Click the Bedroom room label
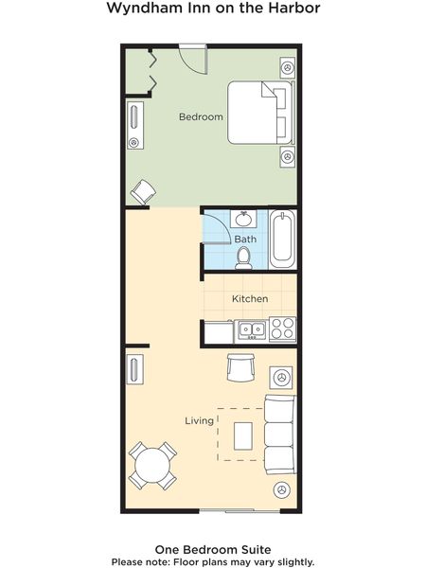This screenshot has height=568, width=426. click(x=201, y=117)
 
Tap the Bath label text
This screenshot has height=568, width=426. click(x=245, y=240)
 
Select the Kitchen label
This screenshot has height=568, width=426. click(x=250, y=299)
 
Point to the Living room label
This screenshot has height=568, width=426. click(x=199, y=421)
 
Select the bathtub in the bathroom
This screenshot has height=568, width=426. click(x=282, y=239)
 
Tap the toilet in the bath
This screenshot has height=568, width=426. click(x=243, y=257)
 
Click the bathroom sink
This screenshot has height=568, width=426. click(x=244, y=219)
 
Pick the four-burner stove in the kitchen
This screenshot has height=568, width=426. click(x=282, y=328)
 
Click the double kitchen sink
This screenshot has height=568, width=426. click(x=252, y=329)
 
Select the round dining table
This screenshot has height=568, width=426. click(x=152, y=466)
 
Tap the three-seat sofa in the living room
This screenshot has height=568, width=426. click(x=280, y=435)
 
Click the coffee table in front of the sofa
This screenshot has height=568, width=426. click(x=243, y=435)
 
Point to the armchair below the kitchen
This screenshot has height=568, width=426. click(x=240, y=367)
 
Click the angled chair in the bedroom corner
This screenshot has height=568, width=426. click(x=143, y=191)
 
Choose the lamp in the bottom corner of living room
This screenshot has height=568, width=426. click(x=282, y=489)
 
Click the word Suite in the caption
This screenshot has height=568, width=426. click(x=257, y=549)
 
